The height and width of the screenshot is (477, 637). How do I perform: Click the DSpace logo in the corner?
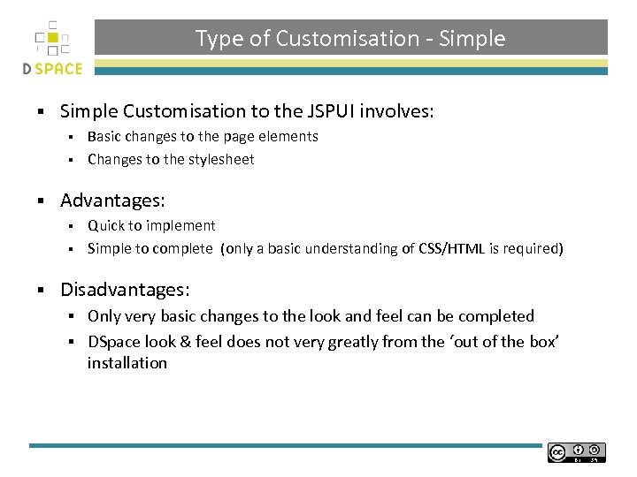(x=52, y=49)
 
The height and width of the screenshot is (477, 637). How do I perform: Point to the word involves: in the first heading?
(x=403, y=111)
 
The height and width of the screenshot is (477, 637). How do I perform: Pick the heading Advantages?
(x=112, y=201)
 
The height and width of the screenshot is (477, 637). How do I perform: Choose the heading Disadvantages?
(x=125, y=290)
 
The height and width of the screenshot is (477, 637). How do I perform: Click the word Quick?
(x=106, y=226)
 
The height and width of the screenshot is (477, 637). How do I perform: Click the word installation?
(x=127, y=363)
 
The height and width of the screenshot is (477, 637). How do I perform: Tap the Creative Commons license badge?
(x=577, y=452)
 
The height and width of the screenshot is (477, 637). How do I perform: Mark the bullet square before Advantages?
(x=41, y=202)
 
